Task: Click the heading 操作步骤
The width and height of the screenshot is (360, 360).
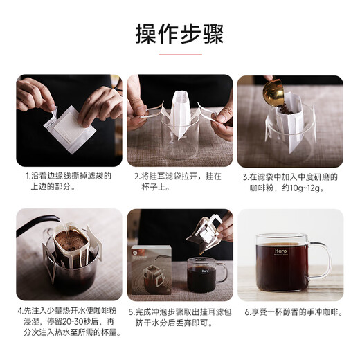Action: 179,33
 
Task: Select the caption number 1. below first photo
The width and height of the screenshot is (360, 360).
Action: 27,177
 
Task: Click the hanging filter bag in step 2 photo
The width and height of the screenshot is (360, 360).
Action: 181,114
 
